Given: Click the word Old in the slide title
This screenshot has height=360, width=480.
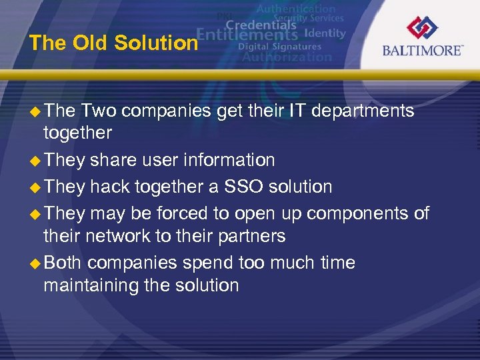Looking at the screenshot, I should (91, 43).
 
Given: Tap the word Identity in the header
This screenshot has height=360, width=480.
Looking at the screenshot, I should (325, 33).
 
